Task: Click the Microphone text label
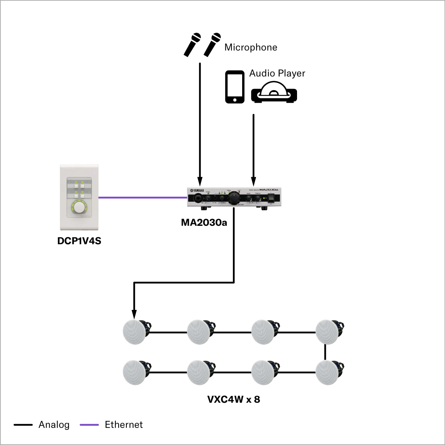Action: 251,47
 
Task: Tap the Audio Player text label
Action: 277,73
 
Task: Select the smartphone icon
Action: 235,87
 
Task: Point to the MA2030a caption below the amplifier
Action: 204,222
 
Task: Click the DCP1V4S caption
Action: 79,241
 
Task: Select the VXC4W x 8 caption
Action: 234,399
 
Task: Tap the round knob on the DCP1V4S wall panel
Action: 79,207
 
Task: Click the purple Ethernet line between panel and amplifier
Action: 143,197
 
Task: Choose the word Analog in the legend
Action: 54,425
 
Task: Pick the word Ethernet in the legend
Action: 124,425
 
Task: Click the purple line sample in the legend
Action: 89,425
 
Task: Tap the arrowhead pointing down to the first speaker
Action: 134,314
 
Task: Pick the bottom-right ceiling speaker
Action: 328,372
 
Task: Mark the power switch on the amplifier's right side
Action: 272,198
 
